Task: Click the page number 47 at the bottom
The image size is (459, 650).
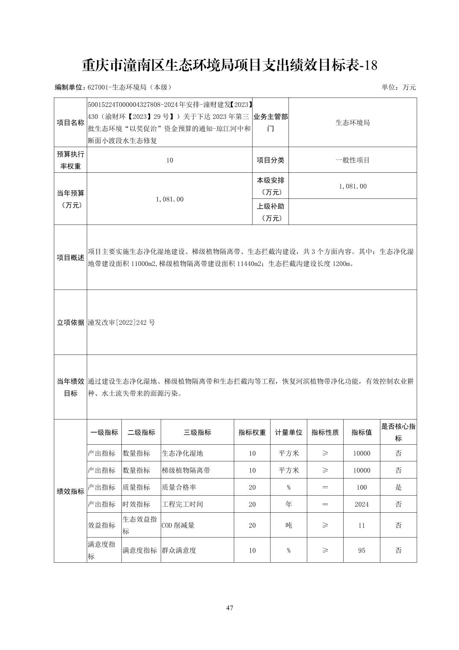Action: point(229,608)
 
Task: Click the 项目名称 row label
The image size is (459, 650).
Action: point(71,123)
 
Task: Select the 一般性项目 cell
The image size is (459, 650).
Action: point(353,160)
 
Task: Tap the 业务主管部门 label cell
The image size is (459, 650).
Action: point(271,123)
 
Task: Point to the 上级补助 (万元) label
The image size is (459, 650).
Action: point(271,212)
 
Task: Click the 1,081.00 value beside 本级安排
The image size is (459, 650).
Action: point(353,186)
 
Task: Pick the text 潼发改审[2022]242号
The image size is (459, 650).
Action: point(122,322)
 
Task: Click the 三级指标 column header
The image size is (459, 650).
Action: point(197,432)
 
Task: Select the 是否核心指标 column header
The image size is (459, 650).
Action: point(398,432)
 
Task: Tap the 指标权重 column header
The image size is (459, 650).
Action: point(252,432)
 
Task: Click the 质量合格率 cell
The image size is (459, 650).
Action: point(179,487)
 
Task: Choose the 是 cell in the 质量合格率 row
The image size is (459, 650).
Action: point(398,487)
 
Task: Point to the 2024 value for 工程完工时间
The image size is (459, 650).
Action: point(362,504)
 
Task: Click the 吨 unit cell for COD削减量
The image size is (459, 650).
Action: point(288,525)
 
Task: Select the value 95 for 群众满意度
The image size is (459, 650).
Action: point(362,550)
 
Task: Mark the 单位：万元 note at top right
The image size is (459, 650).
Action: point(398,87)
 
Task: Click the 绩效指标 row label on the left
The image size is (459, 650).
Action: point(71,491)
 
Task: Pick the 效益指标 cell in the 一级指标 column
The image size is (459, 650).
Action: point(102,525)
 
